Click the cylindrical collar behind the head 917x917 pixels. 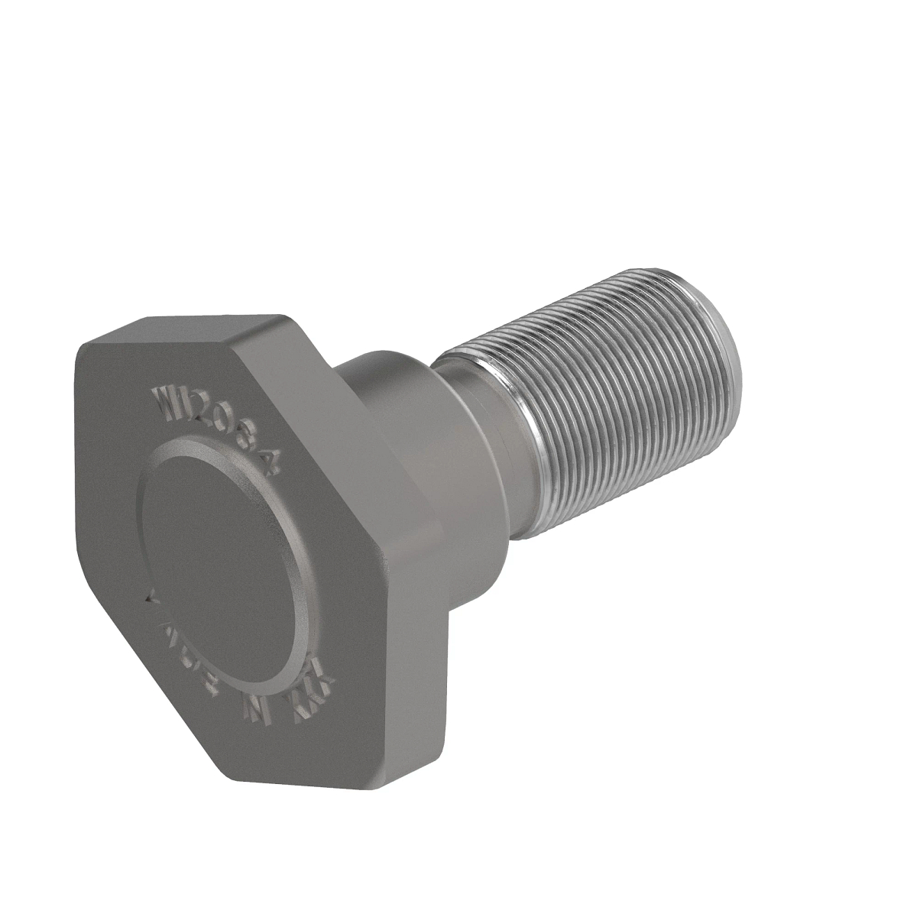pyautogui.click(x=397, y=428)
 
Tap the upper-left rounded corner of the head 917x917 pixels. pyautogui.click(x=84, y=352)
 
